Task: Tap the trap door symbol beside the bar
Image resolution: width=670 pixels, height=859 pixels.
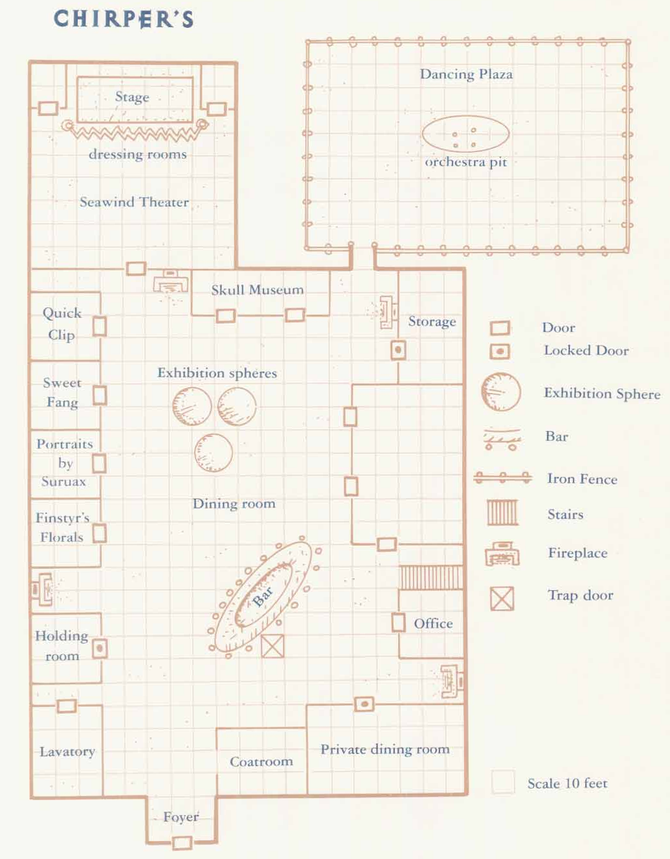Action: tap(273, 645)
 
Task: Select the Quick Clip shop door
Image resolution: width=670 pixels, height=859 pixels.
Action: tap(99, 326)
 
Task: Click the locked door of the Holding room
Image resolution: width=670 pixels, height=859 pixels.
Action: tap(100, 648)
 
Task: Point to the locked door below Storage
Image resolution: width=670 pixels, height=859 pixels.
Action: tap(398, 350)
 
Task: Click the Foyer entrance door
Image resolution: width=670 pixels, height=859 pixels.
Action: tap(182, 842)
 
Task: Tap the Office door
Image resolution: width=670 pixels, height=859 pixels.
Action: tap(398, 623)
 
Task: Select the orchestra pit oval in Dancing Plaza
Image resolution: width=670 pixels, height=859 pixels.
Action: tap(465, 134)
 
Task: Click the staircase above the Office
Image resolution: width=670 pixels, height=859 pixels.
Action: tap(430, 577)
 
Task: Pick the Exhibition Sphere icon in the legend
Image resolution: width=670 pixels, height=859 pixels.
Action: tap(500, 392)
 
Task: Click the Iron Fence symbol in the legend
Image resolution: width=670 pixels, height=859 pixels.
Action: tap(502, 478)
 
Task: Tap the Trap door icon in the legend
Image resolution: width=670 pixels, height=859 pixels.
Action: tap(502, 598)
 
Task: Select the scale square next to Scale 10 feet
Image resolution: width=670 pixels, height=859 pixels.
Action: tap(502, 782)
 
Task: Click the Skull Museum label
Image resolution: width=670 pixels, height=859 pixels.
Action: tap(257, 290)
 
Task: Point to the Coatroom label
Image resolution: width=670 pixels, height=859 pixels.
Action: tap(261, 762)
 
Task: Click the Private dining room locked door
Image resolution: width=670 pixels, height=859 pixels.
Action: tap(364, 704)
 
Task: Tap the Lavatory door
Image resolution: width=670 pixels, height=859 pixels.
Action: tap(67, 706)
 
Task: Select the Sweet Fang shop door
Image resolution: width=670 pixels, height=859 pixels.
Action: tap(99, 395)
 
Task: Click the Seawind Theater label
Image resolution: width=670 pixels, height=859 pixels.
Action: tap(134, 202)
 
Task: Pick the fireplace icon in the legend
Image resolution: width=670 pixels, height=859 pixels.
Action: tap(502, 555)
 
